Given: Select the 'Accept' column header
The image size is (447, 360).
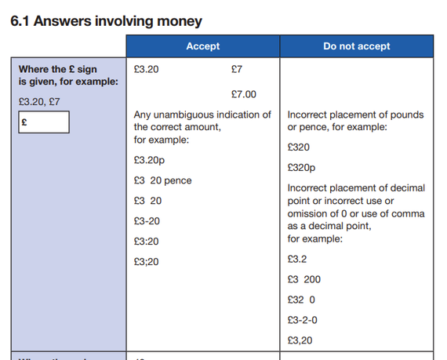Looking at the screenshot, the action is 202,46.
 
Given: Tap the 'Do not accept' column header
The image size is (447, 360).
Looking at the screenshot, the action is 356,46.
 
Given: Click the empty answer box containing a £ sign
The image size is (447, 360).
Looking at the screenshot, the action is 44,122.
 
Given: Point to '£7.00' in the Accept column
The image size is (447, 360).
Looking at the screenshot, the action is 244,94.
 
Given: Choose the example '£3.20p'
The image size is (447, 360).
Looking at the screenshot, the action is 149,160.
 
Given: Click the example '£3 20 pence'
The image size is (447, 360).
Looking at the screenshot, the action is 162,180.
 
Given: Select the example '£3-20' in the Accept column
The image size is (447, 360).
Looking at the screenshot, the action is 147,221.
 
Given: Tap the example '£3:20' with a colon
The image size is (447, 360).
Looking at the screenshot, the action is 147,242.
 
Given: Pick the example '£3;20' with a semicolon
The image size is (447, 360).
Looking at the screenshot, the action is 147,262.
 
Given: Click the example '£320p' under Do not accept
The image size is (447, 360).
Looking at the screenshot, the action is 303,167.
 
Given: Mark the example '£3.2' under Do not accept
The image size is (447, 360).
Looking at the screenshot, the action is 297,259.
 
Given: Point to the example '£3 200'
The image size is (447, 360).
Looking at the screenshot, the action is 303,279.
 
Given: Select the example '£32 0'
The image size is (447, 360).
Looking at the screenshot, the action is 301,300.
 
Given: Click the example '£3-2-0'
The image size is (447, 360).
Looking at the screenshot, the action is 303,320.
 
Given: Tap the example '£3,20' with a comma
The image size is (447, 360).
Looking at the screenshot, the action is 300,340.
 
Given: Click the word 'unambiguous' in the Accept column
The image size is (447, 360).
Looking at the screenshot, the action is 185,115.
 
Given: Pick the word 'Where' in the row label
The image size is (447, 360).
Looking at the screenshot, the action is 33,69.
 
